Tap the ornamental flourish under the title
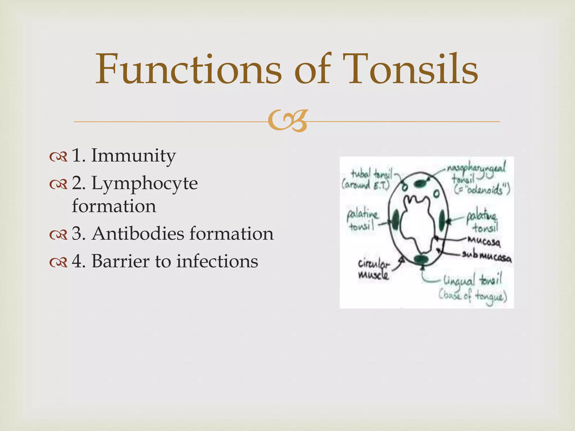pos(288,121)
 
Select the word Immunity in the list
pos(133,156)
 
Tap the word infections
pos(217,261)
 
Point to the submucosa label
pos(487,256)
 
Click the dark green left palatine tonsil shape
pos(396,220)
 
